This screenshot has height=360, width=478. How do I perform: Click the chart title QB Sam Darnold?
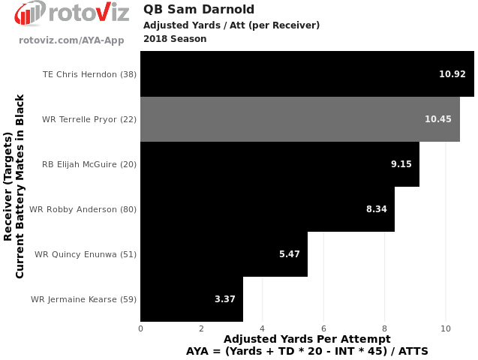point(198,10)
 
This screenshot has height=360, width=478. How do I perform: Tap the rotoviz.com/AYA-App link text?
point(71,40)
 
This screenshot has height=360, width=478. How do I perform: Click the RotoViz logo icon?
point(29,13)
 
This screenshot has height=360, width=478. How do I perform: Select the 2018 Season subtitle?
point(175,39)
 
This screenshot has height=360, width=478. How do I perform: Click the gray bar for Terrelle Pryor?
point(300,119)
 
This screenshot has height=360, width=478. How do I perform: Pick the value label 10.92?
point(452,74)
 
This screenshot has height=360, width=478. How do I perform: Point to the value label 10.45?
point(438,119)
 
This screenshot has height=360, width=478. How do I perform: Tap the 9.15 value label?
point(401,164)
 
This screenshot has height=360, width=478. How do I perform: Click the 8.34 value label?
point(377,209)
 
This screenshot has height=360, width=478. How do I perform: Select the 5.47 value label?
point(290,254)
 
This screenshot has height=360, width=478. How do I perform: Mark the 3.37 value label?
point(225,299)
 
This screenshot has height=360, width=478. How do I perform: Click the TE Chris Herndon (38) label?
point(90,74)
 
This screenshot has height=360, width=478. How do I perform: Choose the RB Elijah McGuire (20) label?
point(89,164)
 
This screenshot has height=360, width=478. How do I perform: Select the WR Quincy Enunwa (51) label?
point(86,254)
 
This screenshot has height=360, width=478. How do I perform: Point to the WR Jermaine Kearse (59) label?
point(83,299)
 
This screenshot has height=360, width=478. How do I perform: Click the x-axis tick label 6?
point(323,328)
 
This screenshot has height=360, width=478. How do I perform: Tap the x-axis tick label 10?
point(446,328)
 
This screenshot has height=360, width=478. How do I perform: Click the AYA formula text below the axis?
point(307,351)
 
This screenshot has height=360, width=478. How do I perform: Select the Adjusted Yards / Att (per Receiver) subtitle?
point(231,25)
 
